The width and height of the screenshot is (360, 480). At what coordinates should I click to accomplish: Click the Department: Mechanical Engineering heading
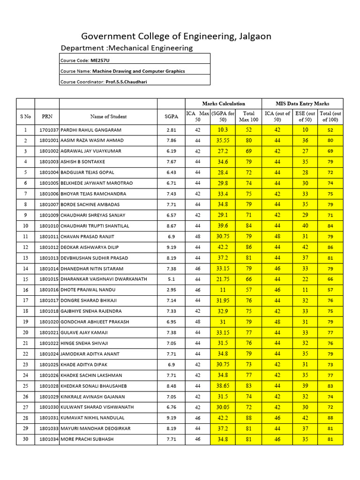(127, 48)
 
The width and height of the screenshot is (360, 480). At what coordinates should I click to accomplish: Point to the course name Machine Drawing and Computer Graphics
(138, 71)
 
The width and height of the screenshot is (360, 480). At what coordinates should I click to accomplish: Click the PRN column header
(47, 116)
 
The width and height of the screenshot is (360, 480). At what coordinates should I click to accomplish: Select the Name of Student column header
(108, 116)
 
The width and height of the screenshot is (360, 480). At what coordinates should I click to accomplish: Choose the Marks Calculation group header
(224, 104)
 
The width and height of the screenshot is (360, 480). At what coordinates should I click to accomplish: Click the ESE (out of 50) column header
(305, 116)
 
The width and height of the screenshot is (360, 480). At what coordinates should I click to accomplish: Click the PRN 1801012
(49, 247)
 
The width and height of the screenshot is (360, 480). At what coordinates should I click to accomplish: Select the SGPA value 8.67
(171, 226)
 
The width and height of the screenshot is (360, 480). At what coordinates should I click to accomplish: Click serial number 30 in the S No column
(25, 439)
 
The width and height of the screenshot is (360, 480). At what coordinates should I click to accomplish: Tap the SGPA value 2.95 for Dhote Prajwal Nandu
(171, 290)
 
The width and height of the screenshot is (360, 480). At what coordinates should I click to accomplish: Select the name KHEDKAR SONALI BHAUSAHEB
(94, 386)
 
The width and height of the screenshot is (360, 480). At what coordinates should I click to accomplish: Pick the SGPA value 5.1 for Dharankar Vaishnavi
(171, 279)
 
